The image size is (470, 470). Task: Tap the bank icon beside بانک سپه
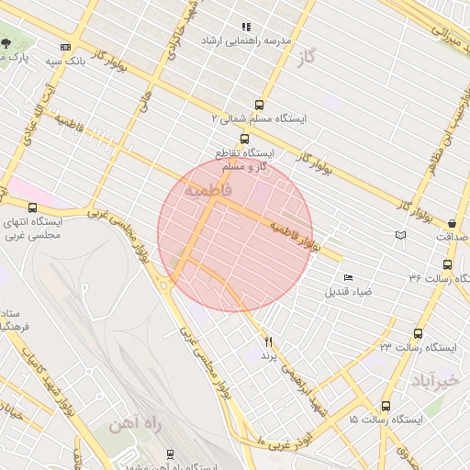[x=65, y=47]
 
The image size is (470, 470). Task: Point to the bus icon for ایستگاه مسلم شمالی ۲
[x=259, y=105]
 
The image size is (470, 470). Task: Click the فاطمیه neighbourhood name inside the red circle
[x=208, y=189]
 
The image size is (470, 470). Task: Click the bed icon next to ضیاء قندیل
[x=347, y=278]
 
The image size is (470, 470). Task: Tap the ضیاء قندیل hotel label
[x=345, y=292]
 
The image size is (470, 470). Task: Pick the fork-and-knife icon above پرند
[x=269, y=341]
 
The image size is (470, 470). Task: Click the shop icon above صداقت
[x=453, y=223]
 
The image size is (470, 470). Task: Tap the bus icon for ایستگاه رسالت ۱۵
[x=385, y=405]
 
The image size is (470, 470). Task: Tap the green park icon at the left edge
[x=6, y=43]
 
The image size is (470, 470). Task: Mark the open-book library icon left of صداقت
[x=399, y=237]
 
